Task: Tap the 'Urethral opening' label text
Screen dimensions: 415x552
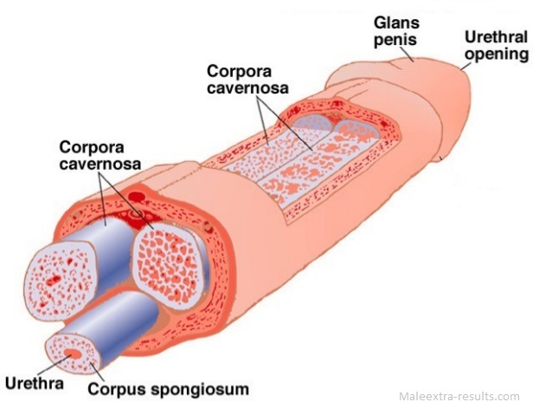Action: pyautogui.click(x=496, y=46)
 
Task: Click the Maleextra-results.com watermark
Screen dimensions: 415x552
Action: pyautogui.click(x=459, y=397)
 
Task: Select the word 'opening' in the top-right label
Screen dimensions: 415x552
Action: pyautogui.click(x=496, y=55)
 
